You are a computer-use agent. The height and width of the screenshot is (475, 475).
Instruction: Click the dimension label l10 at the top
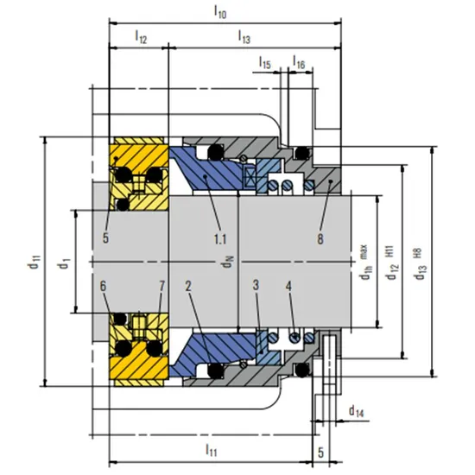tap(221, 13)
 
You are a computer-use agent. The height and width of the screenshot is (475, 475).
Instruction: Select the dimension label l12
tap(140, 38)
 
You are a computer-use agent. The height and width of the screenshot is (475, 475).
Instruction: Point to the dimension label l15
tap(265, 63)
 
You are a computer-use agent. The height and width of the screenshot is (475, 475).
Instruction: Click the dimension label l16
tap(298, 63)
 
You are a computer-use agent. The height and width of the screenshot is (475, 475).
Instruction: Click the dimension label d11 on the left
tap(33, 261)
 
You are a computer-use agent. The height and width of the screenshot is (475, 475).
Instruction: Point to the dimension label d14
tap(356, 409)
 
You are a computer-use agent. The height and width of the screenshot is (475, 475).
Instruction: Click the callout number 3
tap(256, 285)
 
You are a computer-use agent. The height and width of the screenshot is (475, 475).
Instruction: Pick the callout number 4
tap(290, 285)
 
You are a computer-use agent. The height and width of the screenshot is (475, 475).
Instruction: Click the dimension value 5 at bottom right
tap(320, 451)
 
